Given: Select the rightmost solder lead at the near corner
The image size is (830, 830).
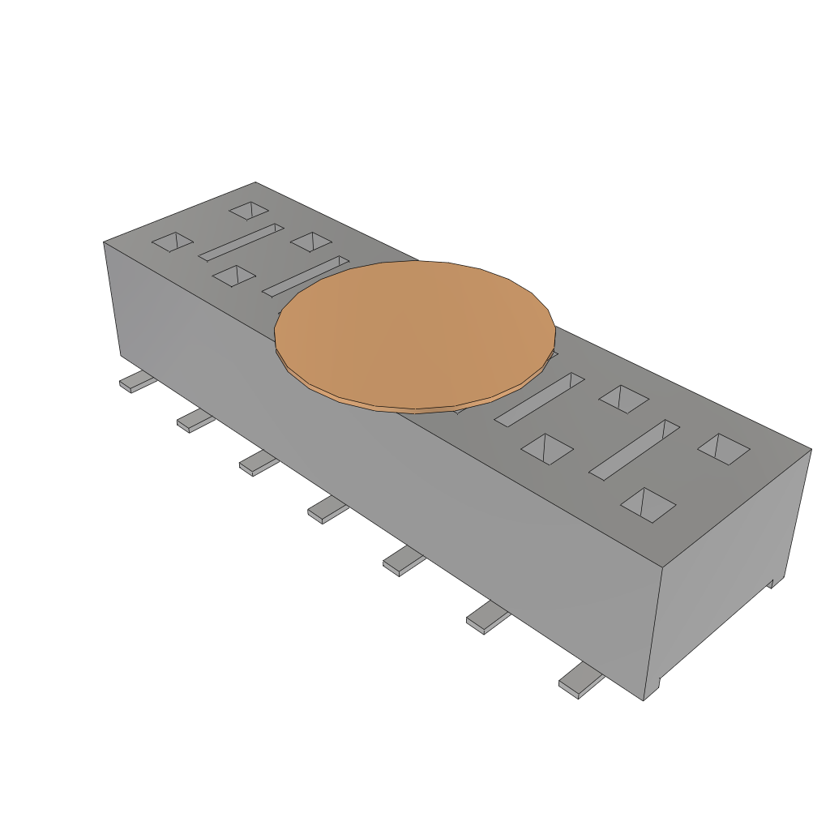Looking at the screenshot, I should pos(580,680).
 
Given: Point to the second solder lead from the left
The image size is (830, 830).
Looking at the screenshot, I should pos(195,420).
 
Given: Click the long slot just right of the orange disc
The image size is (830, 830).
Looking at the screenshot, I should pos(539,400).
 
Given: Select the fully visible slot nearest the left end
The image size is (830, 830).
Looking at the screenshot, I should pos(241,242).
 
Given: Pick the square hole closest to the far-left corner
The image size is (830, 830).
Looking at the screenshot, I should pos(173,241).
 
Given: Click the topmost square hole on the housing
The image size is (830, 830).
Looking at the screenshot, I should pos(248,211).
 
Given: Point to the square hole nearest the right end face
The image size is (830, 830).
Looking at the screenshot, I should pos(724,448).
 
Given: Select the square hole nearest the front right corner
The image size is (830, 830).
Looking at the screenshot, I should pos(648,504).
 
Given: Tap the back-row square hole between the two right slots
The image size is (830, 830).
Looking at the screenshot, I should pos(624,398).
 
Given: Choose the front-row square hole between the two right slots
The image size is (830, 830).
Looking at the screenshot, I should pos(547,448).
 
